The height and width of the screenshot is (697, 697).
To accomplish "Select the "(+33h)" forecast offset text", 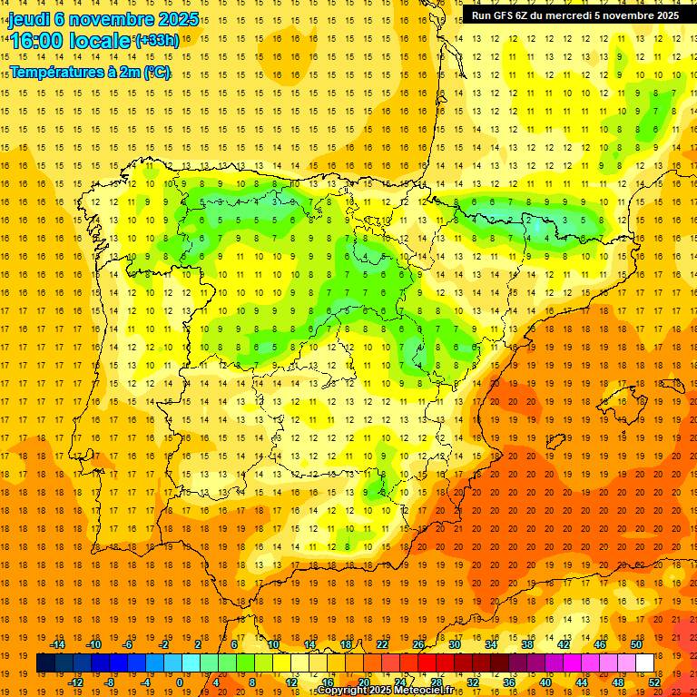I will (x=157, y=41).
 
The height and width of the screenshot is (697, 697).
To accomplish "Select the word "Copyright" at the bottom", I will (x=341, y=691).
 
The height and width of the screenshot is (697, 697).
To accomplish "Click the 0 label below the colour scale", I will (x=180, y=682).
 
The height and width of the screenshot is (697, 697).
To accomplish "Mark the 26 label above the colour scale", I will (x=417, y=644).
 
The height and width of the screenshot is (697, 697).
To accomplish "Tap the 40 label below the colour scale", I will (x=545, y=682).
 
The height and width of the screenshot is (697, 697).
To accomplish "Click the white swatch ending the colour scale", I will (x=644, y=663).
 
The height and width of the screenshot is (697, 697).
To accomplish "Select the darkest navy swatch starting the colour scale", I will (x=45, y=663).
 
